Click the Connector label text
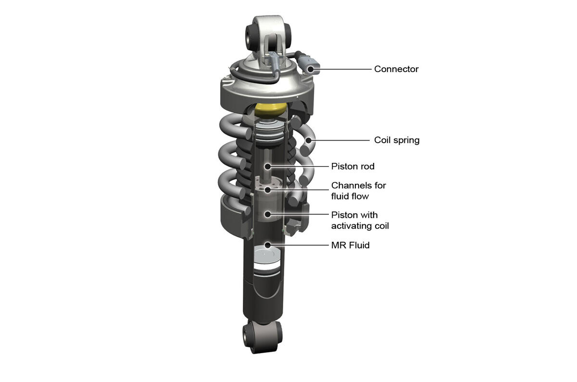pyautogui.click(x=396, y=69)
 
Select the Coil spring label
pyautogui.click(x=397, y=140)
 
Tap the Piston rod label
pyautogui.click(x=352, y=166)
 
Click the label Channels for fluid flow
pyautogui.click(x=358, y=191)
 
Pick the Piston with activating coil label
pyautogui.click(x=360, y=220)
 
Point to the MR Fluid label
pyautogui.click(x=350, y=246)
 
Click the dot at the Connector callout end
pyautogui.click(x=311, y=69)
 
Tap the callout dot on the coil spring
pyautogui.click(x=308, y=140)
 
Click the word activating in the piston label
pyautogui.click(x=352, y=225)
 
